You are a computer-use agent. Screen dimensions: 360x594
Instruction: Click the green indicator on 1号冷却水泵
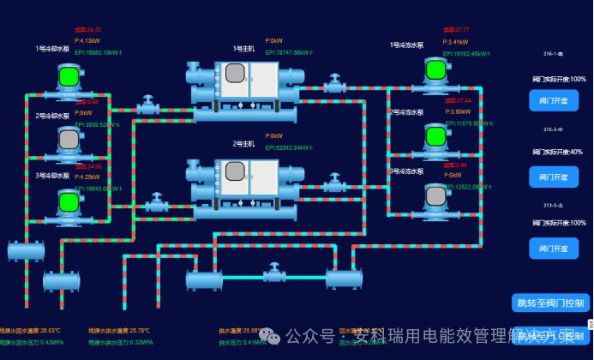tap(69, 76)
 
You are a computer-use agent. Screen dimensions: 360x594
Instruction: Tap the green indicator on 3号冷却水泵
tap(69, 201)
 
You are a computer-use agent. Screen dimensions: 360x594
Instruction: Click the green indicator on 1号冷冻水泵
tap(436, 69)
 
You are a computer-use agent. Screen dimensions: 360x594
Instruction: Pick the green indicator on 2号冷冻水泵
tap(436, 135)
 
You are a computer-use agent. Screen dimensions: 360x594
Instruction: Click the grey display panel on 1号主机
tap(234, 74)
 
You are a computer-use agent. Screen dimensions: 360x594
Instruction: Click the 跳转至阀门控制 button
tap(550, 303)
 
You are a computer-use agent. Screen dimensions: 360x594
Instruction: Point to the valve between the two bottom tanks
tap(274, 275)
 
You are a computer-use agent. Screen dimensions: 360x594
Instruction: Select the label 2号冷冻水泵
tap(407, 111)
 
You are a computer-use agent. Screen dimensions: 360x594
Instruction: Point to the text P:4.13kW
tap(87, 40)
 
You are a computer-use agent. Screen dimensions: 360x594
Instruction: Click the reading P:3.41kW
tap(456, 41)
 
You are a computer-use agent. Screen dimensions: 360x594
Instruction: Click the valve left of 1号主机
tap(149, 107)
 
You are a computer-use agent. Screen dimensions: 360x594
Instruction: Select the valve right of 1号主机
tap(333, 85)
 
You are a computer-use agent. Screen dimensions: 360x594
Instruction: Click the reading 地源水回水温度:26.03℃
tap(31, 330)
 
